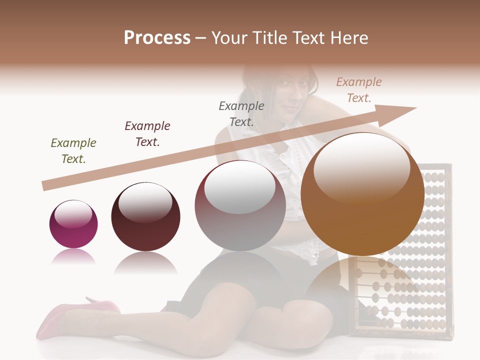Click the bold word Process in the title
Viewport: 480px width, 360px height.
pos(157,38)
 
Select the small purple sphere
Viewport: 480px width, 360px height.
pos(73,224)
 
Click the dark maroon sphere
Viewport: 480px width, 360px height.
pos(145,217)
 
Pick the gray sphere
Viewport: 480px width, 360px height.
pos(240,206)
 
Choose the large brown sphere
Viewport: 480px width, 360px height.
pos(362,194)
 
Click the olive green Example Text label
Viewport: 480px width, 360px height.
pos(73,151)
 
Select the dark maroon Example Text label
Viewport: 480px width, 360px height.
pos(147,133)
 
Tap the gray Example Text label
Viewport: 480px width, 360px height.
pos(241,113)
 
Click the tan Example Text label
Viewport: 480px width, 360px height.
pos(359,90)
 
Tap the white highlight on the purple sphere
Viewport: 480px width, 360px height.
pos(73,214)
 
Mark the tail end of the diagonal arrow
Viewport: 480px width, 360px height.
pos(45,186)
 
